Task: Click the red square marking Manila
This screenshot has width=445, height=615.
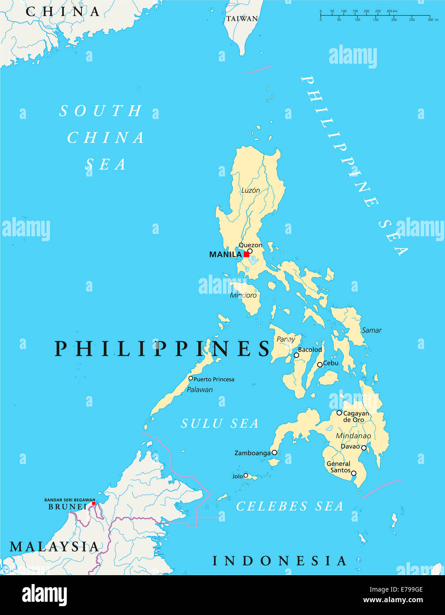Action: [x=246, y=254]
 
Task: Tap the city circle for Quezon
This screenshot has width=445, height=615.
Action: [x=250, y=251]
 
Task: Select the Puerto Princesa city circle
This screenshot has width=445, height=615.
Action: [x=191, y=378]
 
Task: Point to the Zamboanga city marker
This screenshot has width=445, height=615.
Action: [x=274, y=452]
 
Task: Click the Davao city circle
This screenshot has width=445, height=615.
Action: [x=364, y=448]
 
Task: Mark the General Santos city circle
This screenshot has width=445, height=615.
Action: [x=353, y=473]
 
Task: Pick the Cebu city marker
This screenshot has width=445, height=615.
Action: [x=320, y=365]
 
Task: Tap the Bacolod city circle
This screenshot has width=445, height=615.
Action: [x=296, y=355]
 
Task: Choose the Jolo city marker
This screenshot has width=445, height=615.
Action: [x=246, y=476]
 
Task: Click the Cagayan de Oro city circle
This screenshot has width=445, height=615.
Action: [x=339, y=412]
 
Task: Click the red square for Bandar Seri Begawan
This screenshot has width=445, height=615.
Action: [x=93, y=503]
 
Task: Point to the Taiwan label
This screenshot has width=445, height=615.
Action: [x=242, y=19]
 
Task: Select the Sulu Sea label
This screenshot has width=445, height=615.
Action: [x=220, y=423]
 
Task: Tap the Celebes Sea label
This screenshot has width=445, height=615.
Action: [x=290, y=506]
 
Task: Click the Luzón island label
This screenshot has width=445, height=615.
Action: [x=250, y=190]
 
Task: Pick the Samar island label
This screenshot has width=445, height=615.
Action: [x=371, y=330]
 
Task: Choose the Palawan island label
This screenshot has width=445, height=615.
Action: [x=199, y=390]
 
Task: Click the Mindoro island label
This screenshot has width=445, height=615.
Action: [x=243, y=295]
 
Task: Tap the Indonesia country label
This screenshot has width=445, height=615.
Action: [x=279, y=561]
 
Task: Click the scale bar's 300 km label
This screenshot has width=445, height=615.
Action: [x=392, y=11]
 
